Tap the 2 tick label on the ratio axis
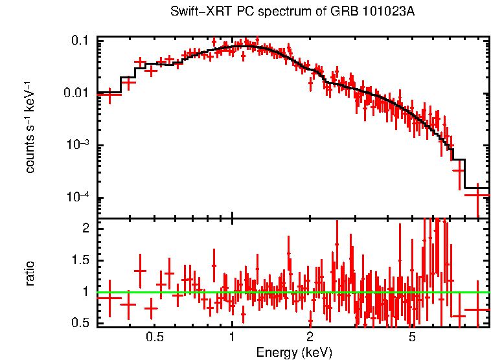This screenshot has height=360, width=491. [86, 229]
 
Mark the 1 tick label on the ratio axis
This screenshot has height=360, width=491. [86, 292]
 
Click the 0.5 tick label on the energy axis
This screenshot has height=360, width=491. [154, 337]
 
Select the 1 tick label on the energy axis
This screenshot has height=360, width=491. [232, 337]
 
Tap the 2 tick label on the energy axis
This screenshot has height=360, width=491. [310, 337]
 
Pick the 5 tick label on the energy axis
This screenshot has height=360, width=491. [413, 337]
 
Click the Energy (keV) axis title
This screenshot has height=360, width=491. [294, 352]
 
